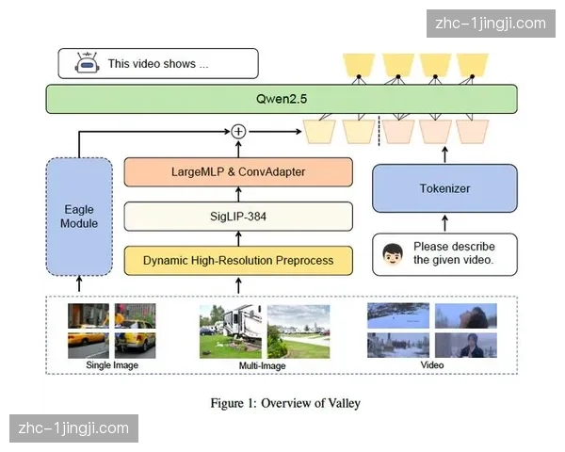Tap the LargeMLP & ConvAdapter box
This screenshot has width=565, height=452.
click(x=238, y=172)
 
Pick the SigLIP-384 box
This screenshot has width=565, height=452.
click(x=238, y=216)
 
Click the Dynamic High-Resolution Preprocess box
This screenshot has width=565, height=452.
click(x=238, y=260)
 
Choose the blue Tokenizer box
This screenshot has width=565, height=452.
click(x=444, y=188)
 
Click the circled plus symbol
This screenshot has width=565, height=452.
click(x=238, y=131)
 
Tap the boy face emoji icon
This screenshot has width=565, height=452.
click(x=394, y=254)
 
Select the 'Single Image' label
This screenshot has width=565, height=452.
click(x=111, y=365)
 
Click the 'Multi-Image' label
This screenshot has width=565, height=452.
click(x=263, y=365)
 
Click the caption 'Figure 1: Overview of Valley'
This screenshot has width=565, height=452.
click(x=285, y=403)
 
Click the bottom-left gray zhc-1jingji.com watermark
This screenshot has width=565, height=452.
click(x=73, y=428)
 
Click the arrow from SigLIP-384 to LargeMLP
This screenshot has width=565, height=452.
click(x=238, y=194)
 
